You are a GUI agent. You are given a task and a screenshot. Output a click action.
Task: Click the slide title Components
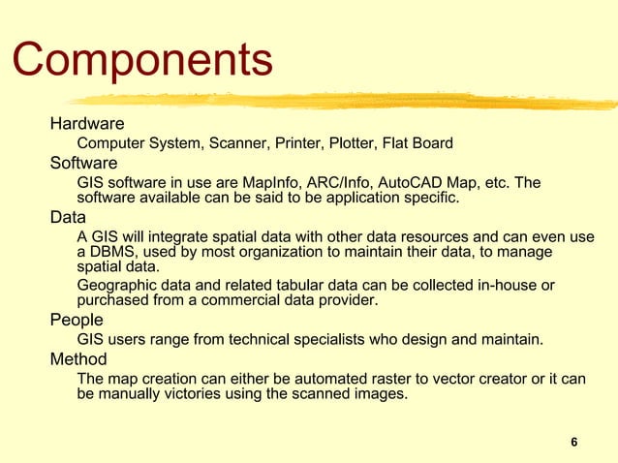click(x=142, y=60)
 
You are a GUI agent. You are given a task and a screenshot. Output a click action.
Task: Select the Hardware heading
click(x=87, y=124)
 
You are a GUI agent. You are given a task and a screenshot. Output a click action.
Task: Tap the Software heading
click(x=84, y=162)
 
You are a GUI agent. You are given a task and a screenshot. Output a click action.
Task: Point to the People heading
click(x=77, y=320)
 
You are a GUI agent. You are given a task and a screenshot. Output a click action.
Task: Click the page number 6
click(x=574, y=443)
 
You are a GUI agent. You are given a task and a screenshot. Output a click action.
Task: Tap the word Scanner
click(x=238, y=143)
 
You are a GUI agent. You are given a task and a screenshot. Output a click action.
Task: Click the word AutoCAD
click(x=417, y=182)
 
